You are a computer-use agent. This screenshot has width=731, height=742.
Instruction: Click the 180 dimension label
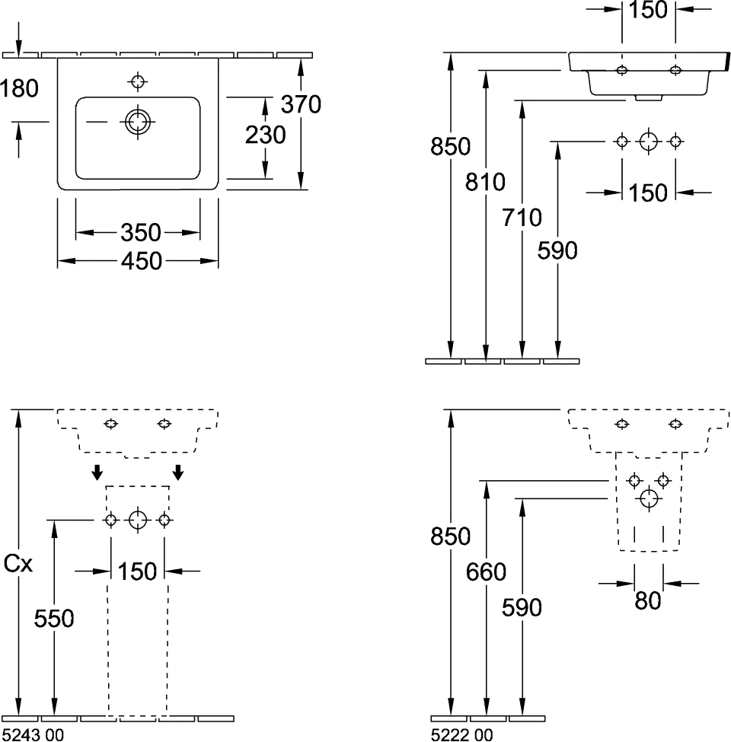20,89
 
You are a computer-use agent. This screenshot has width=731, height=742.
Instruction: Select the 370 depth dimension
301,103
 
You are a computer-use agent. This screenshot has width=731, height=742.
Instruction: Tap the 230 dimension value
265,135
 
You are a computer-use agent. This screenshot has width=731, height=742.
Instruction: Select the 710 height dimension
522,218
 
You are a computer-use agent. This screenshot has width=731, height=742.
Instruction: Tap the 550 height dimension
55,619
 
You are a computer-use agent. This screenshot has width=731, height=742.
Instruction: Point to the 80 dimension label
647,601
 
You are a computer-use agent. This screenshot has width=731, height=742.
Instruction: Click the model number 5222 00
462,734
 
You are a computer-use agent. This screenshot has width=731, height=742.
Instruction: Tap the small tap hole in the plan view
137,80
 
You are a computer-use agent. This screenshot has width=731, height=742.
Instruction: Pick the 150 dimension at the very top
649,10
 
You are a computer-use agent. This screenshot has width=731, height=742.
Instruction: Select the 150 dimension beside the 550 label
138,571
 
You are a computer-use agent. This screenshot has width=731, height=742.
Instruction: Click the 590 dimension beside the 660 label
522,607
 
